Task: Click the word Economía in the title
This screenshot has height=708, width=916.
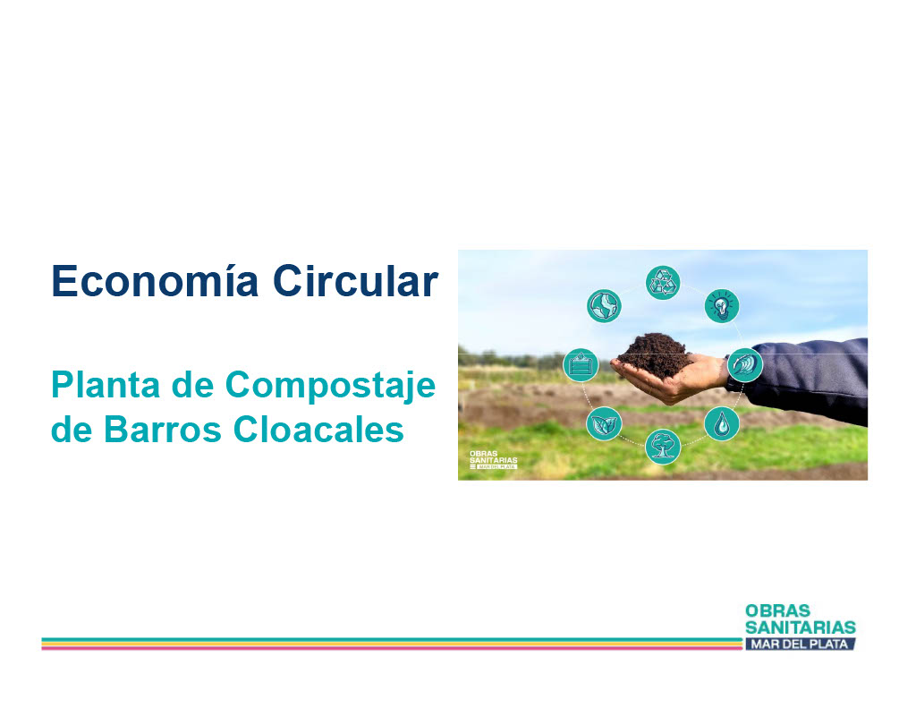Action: pyautogui.click(x=155, y=281)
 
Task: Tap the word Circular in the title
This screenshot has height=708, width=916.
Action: pyautogui.click(x=355, y=281)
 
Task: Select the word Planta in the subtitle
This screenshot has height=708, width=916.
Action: pyautogui.click(x=106, y=385)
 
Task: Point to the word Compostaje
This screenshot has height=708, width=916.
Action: pyautogui.click(x=330, y=387)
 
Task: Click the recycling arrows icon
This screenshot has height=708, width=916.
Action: pyautogui.click(x=663, y=282)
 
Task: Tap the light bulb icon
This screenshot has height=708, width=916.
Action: pyautogui.click(x=722, y=305)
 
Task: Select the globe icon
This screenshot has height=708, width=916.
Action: pyautogui.click(x=604, y=306)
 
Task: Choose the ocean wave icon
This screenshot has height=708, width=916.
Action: pyautogui.click(x=745, y=365)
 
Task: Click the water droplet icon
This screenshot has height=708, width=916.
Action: pyautogui.click(x=722, y=423)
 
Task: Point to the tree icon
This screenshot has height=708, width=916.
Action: pyautogui.click(x=663, y=447)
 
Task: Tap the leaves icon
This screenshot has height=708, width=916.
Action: pyautogui.click(x=604, y=423)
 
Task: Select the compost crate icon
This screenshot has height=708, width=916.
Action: pyautogui.click(x=581, y=365)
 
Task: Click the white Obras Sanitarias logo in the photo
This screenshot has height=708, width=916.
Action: pyautogui.click(x=494, y=460)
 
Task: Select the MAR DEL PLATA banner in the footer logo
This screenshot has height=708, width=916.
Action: pyautogui.click(x=800, y=644)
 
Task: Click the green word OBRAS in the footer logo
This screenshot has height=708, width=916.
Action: pyautogui.click(x=777, y=611)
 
